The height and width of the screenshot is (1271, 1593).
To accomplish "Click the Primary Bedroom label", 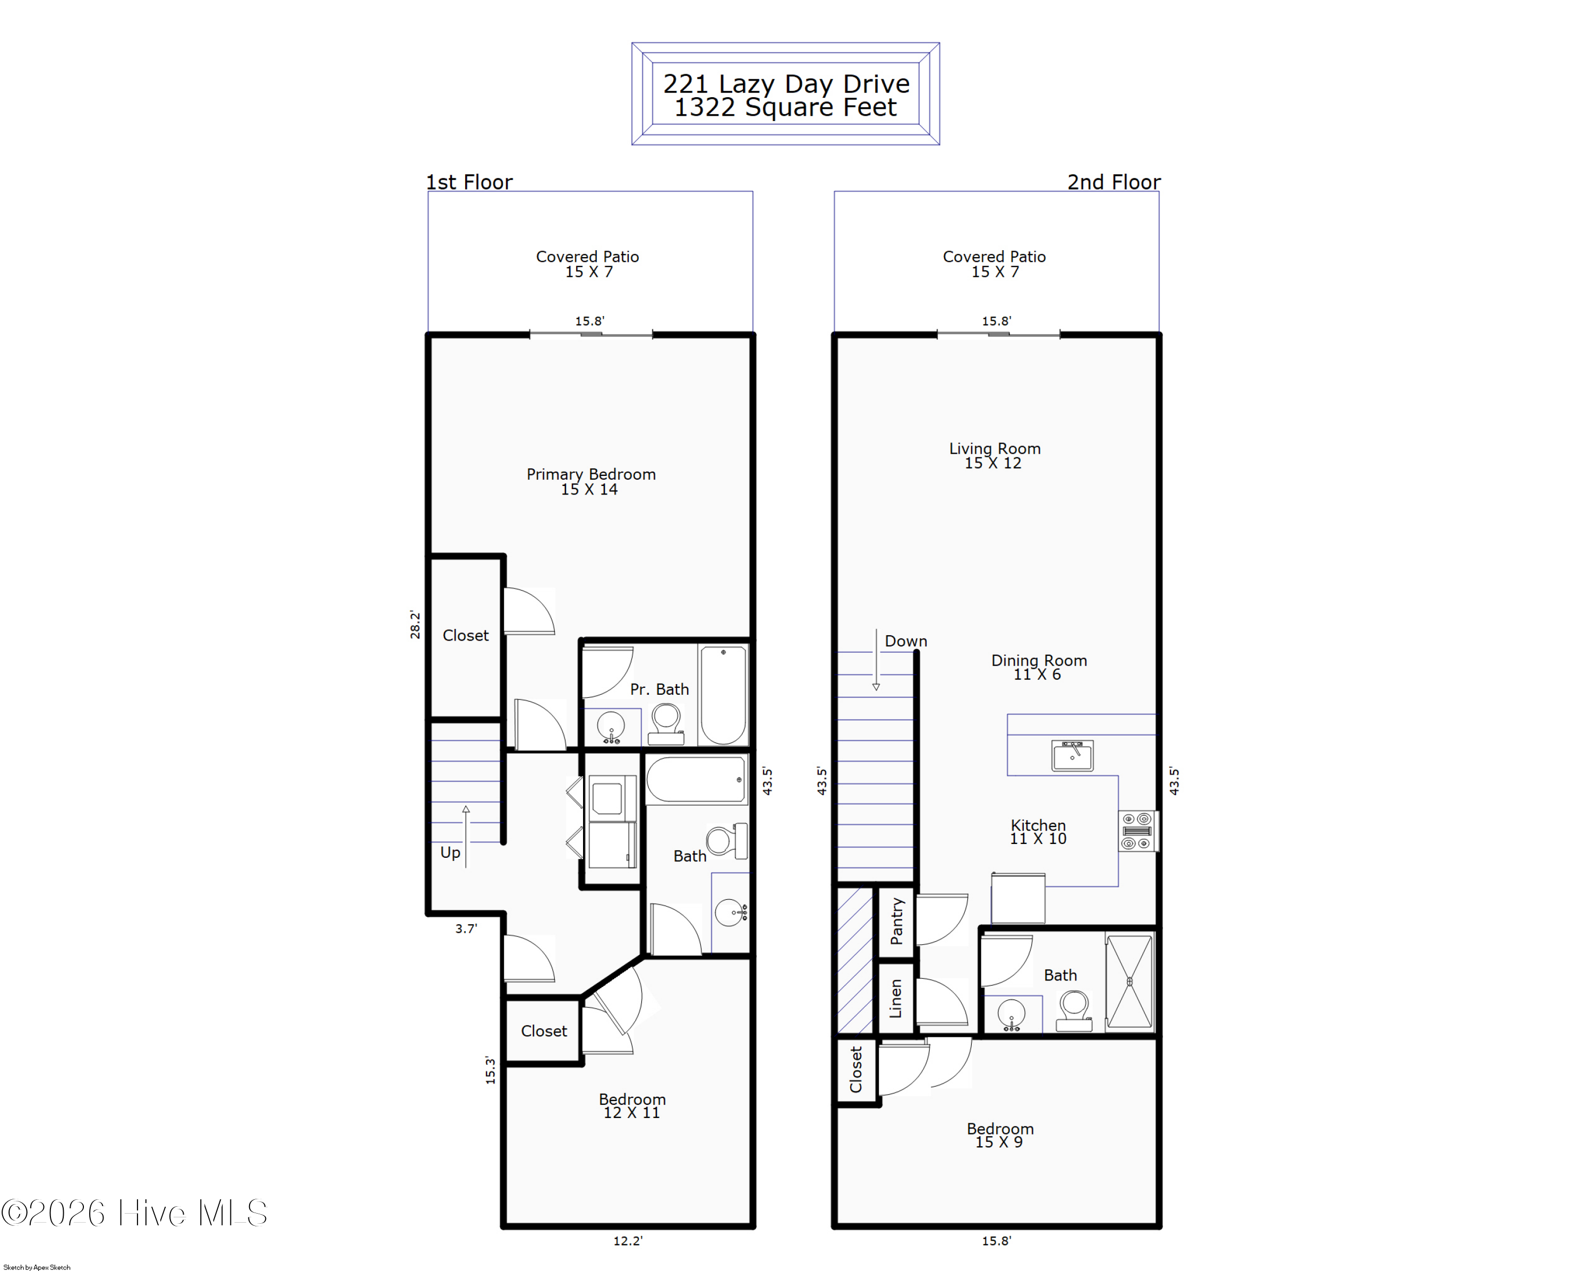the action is coord(591,481).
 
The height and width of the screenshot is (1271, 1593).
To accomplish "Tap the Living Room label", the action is coord(995,455).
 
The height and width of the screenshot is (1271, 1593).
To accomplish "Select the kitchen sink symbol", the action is coord(1072,756).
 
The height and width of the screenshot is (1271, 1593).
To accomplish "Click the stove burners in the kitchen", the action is coord(1137,831).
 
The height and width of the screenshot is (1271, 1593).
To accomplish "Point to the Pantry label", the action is coord(897,922).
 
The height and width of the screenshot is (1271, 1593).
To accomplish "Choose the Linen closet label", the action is coord(895,999).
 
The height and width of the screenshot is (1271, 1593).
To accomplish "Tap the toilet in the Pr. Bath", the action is coord(666,724).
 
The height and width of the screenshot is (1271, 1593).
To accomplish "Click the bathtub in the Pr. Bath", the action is coord(723,695).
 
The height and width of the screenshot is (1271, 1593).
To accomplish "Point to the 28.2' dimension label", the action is coord(415,625).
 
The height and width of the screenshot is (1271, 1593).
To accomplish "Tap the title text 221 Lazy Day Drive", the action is coord(786,83).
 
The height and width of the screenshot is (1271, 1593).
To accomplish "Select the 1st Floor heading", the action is coord(469,182).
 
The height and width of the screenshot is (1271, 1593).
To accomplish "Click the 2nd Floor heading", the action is coord(1114,182).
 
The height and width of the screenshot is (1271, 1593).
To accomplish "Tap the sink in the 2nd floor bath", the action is coord(1012,1014).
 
